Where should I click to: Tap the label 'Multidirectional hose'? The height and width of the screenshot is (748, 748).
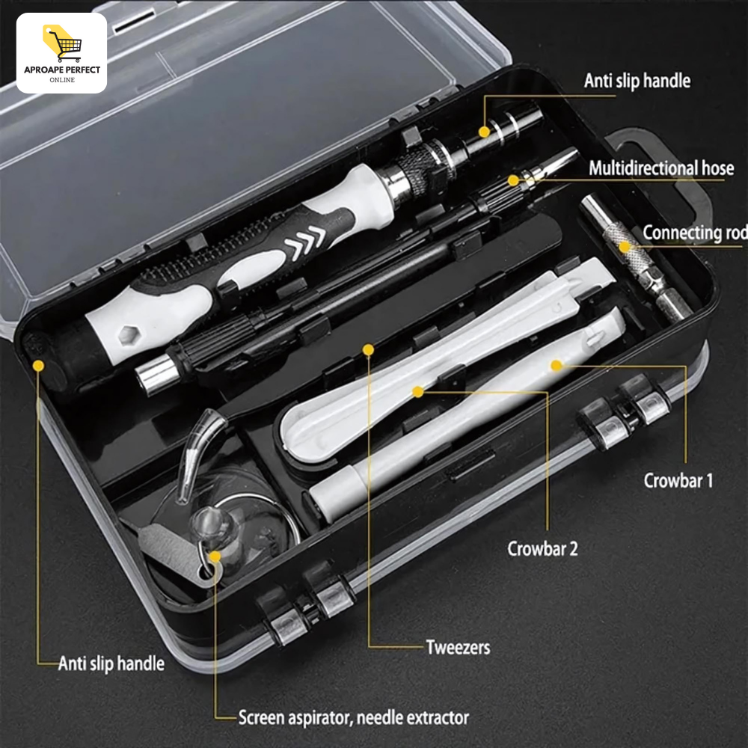(x=661, y=168)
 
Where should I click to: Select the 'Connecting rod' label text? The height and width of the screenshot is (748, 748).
(x=695, y=233)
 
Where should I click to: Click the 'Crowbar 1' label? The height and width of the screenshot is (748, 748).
(x=678, y=480)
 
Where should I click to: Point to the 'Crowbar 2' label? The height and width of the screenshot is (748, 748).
(x=542, y=548)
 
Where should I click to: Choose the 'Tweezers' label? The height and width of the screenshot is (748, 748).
(x=458, y=647)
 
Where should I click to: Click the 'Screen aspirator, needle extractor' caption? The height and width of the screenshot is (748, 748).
(x=354, y=717)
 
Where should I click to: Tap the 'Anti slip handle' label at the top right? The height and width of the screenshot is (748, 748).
(x=637, y=81)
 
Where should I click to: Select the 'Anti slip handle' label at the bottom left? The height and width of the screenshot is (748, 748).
(x=111, y=663)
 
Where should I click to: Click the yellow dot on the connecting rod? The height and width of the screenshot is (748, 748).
(x=625, y=247)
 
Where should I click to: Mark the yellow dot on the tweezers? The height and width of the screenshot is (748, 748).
(x=368, y=349)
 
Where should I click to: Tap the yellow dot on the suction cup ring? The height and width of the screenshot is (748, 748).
(x=215, y=557)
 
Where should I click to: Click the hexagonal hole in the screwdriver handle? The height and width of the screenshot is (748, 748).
(x=127, y=334)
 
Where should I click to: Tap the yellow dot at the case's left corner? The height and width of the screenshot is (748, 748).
(x=39, y=366)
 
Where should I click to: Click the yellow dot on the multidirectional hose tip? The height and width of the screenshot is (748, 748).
(x=513, y=180)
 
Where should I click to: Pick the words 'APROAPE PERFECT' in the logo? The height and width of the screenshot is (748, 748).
(x=62, y=70)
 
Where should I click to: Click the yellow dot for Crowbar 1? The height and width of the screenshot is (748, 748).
(x=557, y=366)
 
